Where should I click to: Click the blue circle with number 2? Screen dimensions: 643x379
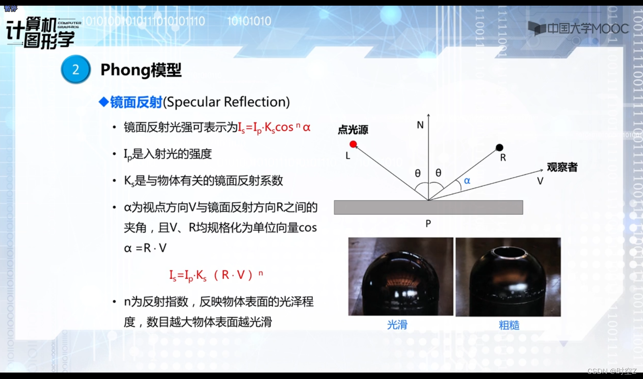[x=76, y=69]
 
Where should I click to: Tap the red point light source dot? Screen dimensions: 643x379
[x=353, y=144]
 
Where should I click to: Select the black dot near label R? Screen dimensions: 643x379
[x=500, y=147]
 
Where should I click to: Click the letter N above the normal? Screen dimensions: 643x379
[x=420, y=125]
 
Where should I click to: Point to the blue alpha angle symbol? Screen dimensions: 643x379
[x=467, y=180]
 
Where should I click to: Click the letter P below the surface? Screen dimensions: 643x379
[x=428, y=224]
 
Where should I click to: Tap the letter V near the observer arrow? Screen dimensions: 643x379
[x=540, y=181]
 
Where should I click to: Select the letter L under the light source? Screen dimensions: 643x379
[x=348, y=155]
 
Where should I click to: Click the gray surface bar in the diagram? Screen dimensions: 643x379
[x=428, y=207]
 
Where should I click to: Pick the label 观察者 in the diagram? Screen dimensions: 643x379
[x=562, y=167]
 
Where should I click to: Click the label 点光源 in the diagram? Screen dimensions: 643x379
[x=353, y=130]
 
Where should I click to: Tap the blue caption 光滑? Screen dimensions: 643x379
[x=397, y=325]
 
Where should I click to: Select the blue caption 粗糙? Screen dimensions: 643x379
[x=509, y=325]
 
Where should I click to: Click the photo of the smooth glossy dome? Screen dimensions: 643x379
[x=401, y=277]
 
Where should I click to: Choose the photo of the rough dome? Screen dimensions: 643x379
[x=508, y=277]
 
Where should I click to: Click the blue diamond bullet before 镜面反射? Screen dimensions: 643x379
[x=103, y=102]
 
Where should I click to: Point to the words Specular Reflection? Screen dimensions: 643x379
[x=226, y=102]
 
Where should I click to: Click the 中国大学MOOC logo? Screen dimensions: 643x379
[x=578, y=29]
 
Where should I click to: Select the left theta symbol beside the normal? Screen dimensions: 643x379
[x=418, y=173]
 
